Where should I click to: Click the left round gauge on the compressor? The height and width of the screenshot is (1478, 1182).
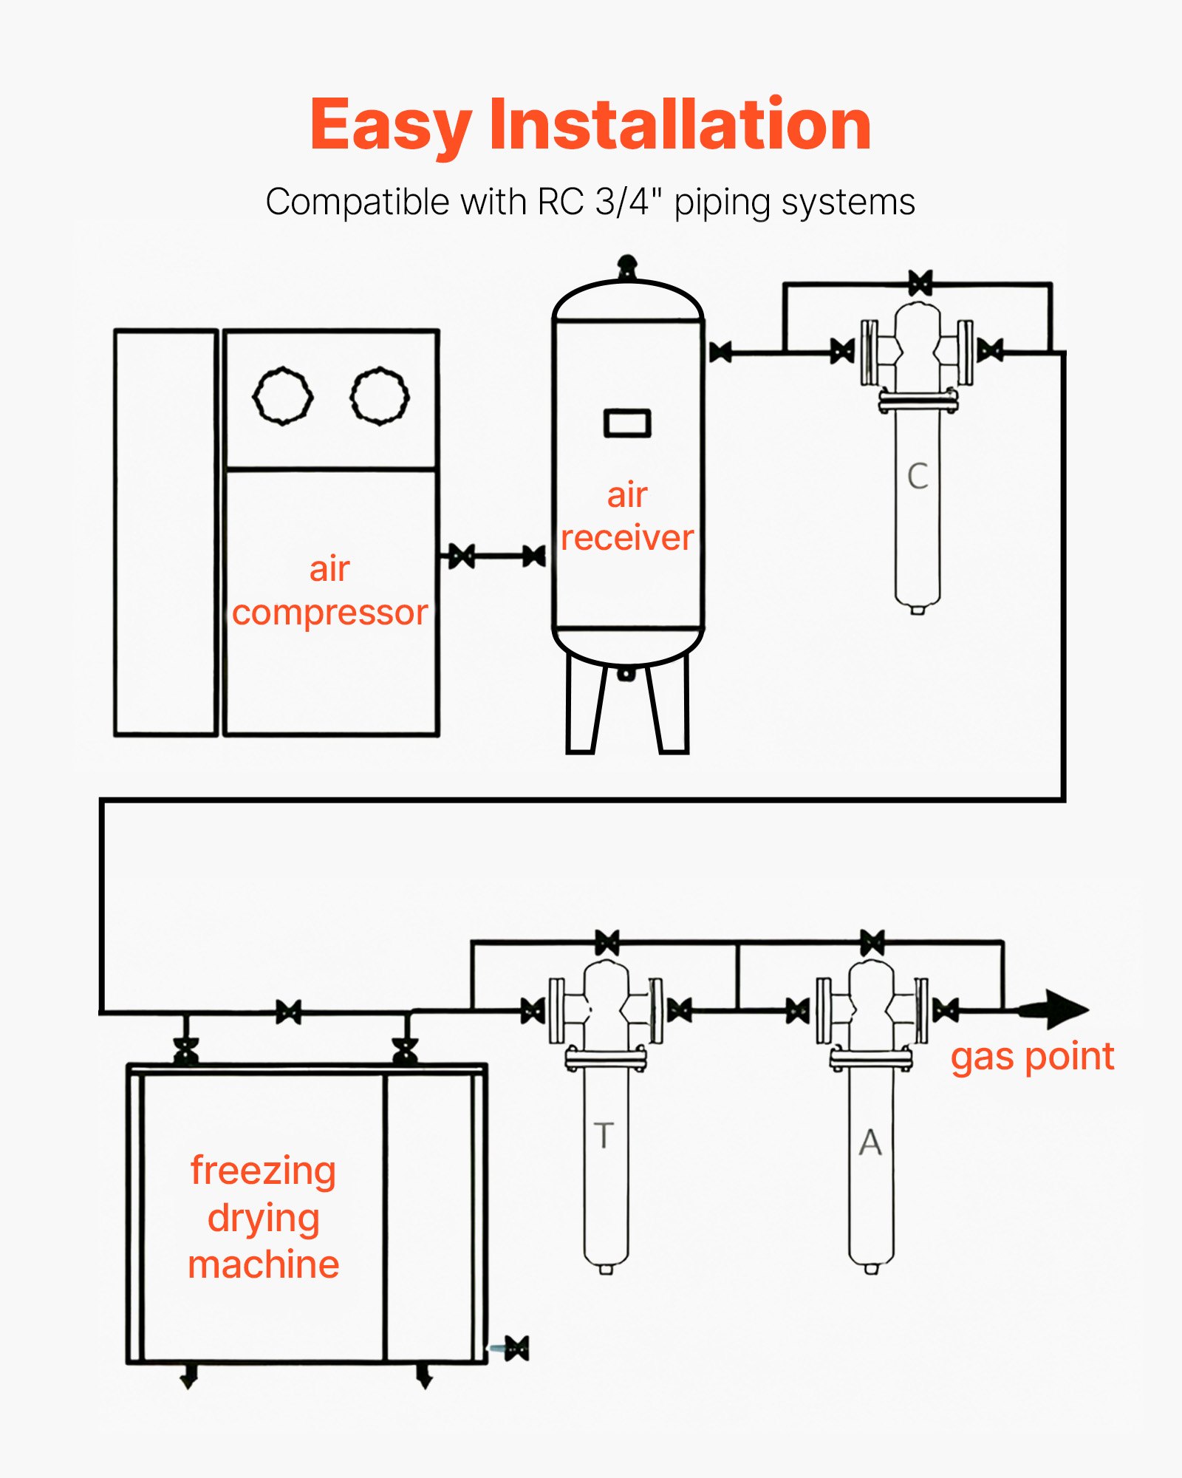point(283,396)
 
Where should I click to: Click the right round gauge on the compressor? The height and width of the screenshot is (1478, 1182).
point(380,395)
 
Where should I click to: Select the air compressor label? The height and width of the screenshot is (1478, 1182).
point(329,590)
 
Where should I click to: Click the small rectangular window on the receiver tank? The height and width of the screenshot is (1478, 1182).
point(627,423)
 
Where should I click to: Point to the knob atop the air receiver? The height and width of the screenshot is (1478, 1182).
point(626,263)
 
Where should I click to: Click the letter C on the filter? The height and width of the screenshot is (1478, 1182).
point(918,476)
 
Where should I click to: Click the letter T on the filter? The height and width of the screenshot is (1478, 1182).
point(604,1135)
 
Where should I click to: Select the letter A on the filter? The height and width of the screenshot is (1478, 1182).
point(871,1142)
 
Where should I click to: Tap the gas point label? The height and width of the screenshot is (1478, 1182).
point(1031,1057)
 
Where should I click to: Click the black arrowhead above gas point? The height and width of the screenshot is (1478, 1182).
point(1064,1009)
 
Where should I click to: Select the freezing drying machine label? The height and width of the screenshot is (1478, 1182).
point(264,1217)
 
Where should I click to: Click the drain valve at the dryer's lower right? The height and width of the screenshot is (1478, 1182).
point(516,1347)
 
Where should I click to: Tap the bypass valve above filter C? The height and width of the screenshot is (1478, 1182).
point(920,283)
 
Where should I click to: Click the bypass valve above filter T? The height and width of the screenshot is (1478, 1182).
point(607,943)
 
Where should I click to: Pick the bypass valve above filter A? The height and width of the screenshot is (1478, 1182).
point(872,943)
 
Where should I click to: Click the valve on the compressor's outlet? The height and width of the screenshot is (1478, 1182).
point(462,556)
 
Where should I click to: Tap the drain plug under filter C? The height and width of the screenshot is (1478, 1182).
point(917,610)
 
